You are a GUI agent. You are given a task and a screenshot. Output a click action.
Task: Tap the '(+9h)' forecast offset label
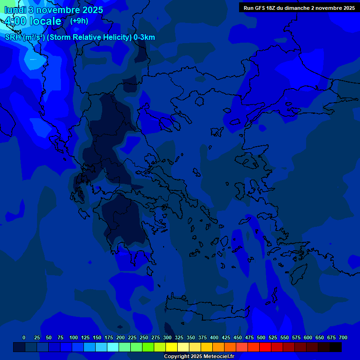point(79,21)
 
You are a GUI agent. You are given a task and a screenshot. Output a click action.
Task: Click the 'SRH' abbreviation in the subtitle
point(13,37)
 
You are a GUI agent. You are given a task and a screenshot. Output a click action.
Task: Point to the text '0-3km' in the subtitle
point(144,37)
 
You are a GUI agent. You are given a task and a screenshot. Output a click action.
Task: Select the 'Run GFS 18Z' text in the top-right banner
point(260,8)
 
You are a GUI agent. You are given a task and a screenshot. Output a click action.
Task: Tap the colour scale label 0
point(24,337)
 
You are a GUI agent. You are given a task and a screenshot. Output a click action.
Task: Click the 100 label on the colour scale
point(74,337)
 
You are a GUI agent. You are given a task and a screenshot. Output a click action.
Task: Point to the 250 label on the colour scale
point(144,337)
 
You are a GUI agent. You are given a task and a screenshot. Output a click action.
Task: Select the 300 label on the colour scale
point(167,337)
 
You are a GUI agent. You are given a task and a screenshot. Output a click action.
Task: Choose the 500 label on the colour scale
point(261,337)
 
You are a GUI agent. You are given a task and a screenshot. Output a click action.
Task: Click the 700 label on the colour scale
point(343,337)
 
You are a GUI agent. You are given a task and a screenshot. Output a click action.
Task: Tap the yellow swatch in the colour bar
point(171,347)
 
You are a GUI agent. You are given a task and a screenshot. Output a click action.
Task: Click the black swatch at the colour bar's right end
point(335,347)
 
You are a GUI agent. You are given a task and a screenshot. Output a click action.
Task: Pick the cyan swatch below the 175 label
point(112,347)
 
